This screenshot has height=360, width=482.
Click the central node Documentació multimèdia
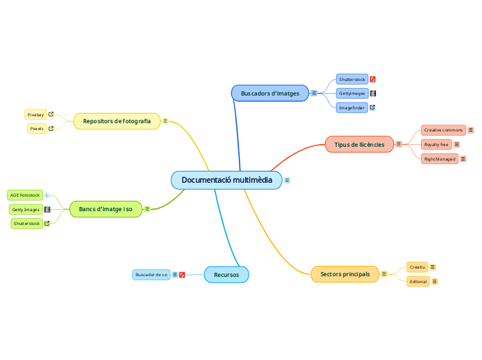[x=226, y=180]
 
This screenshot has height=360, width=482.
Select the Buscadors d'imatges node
[x=269, y=93]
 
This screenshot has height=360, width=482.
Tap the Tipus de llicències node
[x=359, y=144]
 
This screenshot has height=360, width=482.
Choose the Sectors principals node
[x=345, y=274]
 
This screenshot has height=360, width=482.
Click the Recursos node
[x=226, y=275]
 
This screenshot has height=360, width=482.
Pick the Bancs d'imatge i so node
[x=105, y=208]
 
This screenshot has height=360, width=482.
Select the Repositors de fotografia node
[x=116, y=121]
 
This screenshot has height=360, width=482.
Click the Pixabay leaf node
[x=35, y=114]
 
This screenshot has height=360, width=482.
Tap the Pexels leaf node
[x=37, y=129]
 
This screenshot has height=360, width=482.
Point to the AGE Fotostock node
[x=25, y=195]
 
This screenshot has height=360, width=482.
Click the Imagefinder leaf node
[x=351, y=108]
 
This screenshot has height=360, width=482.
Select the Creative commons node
[x=443, y=130]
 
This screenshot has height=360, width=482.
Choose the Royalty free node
[x=436, y=144]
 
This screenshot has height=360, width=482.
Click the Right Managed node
[x=440, y=159]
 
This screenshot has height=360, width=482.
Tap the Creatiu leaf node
[x=417, y=267]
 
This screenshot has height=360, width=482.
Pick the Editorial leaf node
[x=418, y=282]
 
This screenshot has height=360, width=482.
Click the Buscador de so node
[x=151, y=275]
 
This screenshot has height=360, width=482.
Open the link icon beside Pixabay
[x=51, y=114]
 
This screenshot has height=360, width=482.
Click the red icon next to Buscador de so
[x=182, y=275]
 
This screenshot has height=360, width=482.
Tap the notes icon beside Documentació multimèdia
[x=287, y=180]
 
